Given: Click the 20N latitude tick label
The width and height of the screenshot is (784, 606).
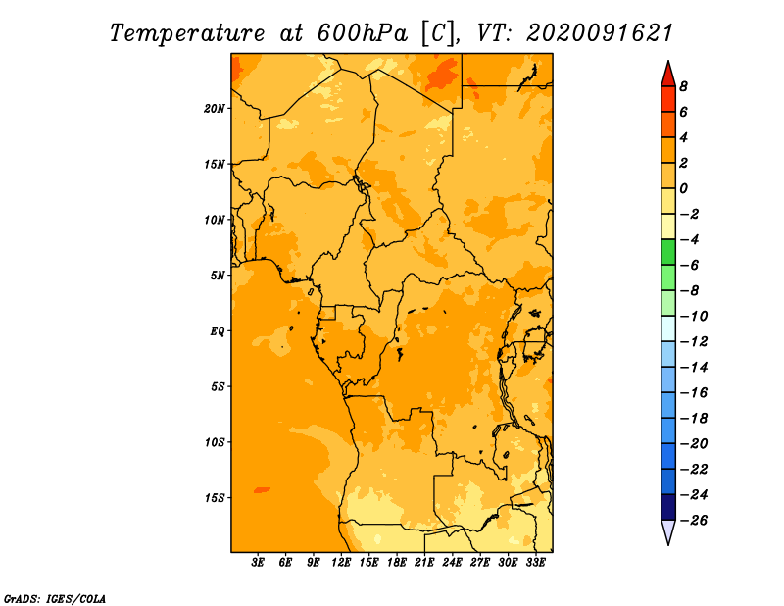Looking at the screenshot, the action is (x=215, y=109).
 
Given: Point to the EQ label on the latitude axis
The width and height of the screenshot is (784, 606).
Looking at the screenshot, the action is (x=218, y=331).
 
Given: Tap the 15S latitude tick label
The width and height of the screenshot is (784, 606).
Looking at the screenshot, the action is (x=215, y=498).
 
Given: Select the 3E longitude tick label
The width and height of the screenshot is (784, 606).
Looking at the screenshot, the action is (x=258, y=562).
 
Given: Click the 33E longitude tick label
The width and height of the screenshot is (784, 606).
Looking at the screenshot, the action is (x=535, y=562).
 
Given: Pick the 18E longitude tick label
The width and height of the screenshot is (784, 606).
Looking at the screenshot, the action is (x=397, y=562).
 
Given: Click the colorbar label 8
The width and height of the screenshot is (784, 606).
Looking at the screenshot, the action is (x=683, y=86).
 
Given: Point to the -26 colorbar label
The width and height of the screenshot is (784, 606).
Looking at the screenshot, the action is (x=694, y=521).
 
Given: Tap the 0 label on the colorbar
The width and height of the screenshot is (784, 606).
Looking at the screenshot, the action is (x=683, y=188).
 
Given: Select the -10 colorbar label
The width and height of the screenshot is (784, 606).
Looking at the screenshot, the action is (x=694, y=317).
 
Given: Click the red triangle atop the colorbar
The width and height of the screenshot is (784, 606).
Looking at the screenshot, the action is (x=668, y=75).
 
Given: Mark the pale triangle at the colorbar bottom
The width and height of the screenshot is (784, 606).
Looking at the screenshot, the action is (x=668, y=532).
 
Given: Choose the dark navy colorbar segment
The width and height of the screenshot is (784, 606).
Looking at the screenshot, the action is (x=668, y=507).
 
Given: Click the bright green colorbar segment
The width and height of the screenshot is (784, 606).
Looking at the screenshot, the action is (x=668, y=252).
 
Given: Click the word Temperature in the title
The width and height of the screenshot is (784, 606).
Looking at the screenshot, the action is (x=187, y=33).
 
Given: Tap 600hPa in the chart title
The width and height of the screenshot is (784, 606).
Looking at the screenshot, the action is (x=363, y=33).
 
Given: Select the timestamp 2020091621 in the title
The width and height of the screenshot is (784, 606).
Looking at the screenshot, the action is (x=600, y=33).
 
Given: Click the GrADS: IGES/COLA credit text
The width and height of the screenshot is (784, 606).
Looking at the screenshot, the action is (x=55, y=599).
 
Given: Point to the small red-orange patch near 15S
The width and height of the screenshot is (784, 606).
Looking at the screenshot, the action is (x=262, y=490).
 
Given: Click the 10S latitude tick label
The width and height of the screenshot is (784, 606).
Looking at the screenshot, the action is (x=215, y=442).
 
